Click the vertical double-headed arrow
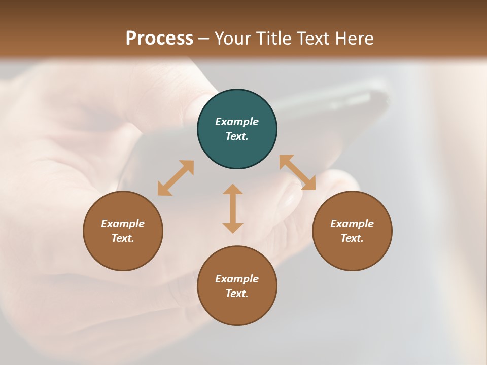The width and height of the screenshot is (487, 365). [x=233, y=208]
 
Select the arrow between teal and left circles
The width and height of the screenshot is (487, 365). [x=176, y=178]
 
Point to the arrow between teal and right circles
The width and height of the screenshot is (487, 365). [x=298, y=172]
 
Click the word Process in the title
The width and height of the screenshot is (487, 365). [x=159, y=38]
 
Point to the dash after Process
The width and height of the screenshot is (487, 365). [x=203, y=39]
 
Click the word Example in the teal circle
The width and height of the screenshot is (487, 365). [x=237, y=122]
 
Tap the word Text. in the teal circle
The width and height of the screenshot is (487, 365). [x=237, y=136]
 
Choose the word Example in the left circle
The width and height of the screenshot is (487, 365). [x=123, y=224]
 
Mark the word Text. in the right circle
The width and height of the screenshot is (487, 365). [x=352, y=238]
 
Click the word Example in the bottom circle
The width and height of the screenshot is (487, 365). [x=237, y=279]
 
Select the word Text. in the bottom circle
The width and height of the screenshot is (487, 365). [x=237, y=294]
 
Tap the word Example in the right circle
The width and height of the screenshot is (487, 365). [x=352, y=224]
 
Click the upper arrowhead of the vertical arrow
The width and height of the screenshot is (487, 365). [x=233, y=190]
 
